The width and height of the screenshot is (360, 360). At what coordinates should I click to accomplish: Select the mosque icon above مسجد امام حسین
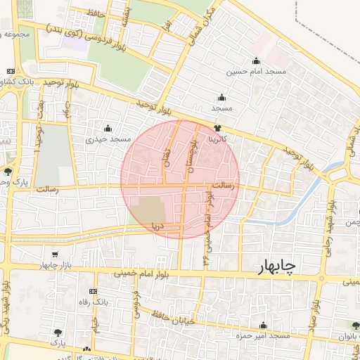[255, 60]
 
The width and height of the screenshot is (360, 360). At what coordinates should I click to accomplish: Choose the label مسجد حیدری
[109, 139]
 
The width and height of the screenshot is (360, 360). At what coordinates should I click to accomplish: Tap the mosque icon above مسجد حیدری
[108, 128]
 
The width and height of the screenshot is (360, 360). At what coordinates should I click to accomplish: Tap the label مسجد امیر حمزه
[264, 336]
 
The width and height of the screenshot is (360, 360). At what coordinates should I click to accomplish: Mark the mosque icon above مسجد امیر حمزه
[264, 326]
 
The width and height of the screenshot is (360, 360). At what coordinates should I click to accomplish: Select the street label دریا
[157, 226]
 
